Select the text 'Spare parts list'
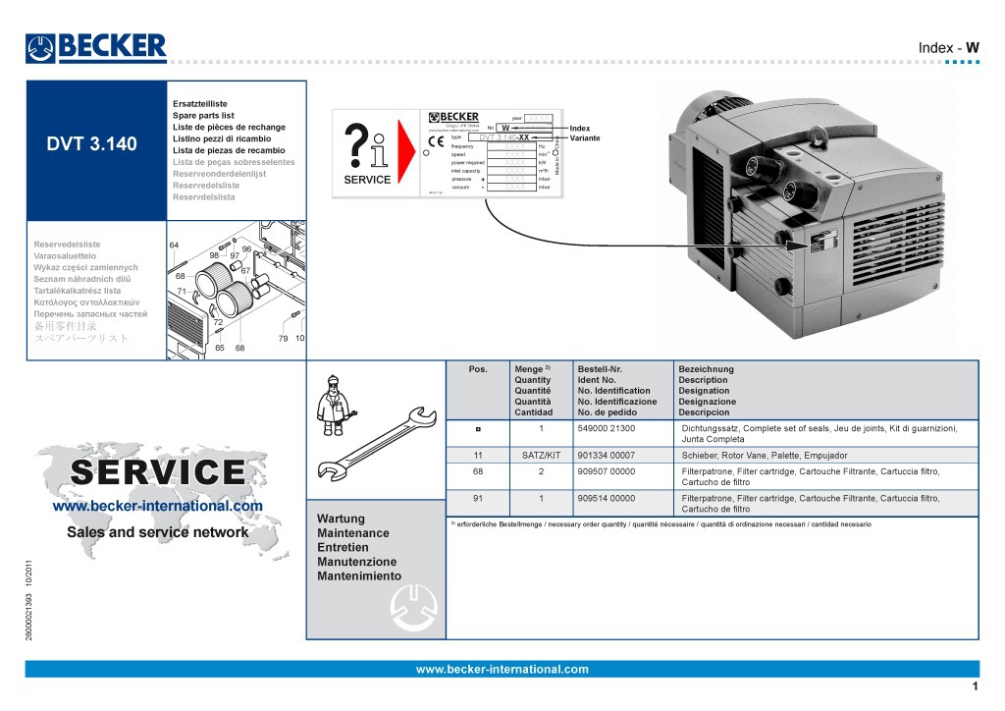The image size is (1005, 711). point(203,115)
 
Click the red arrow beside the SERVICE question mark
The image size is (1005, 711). point(405,153)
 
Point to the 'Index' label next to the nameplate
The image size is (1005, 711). point(580,128)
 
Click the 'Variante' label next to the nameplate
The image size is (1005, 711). point(585,138)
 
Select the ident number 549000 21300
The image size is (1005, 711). point(607,429)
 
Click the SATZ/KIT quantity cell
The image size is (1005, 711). point(541,456)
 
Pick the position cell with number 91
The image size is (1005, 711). point(477,498)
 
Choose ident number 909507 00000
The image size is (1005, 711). point(607,471)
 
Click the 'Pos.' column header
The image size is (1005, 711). point(478,369)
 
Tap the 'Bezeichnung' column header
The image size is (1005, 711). point(707,369)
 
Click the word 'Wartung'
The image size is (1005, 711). point(341,519)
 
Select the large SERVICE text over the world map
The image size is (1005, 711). point(158,472)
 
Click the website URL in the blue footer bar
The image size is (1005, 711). point(502,670)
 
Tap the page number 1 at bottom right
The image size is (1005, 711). point(975,686)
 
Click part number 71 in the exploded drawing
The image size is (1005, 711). point(183,292)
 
